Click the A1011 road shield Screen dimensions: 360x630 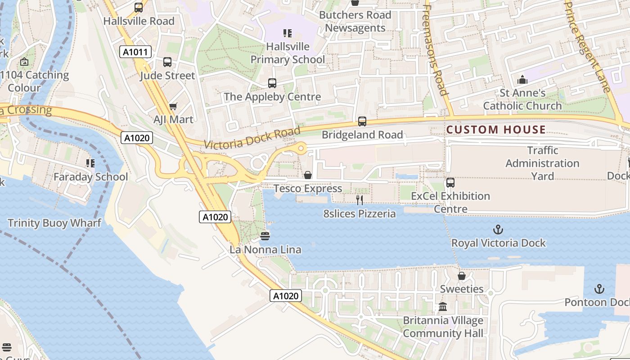pyautogui.click(x=135, y=52)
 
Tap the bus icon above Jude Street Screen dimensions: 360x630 pyautogui.click(x=167, y=62)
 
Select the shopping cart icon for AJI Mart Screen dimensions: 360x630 pyautogui.click(x=173, y=107)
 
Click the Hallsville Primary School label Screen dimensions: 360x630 pyautogui.click(x=288, y=53)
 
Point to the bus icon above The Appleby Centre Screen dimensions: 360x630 pyautogui.click(x=272, y=83)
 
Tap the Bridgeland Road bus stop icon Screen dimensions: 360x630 pyautogui.click(x=362, y=121)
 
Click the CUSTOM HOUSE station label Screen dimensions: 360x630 pyautogui.click(x=496, y=130)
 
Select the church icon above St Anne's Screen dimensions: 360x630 pyautogui.click(x=522, y=80)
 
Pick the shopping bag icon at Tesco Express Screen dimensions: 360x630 pyautogui.click(x=308, y=175)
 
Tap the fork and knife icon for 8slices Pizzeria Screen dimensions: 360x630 pyautogui.click(x=360, y=200)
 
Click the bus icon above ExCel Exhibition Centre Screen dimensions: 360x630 pyautogui.click(x=450, y=183)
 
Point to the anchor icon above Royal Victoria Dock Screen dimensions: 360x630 pyautogui.click(x=498, y=230)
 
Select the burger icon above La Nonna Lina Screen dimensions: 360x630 pyautogui.click(x=265, y=236)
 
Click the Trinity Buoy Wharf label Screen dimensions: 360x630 pyautogui.click(x=54, y=223)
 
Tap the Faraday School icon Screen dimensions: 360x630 pyautogui.click(x=90, y=163)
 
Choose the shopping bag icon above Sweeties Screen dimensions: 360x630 pyautogui.click(x=462, y=276)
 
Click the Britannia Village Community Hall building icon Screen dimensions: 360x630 pyautogui.click(x=443, y=307)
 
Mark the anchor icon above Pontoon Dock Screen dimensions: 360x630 pyautogui.click(x=599, y=289)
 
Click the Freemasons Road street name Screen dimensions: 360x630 pyautogui.click(x=435, y=49)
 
